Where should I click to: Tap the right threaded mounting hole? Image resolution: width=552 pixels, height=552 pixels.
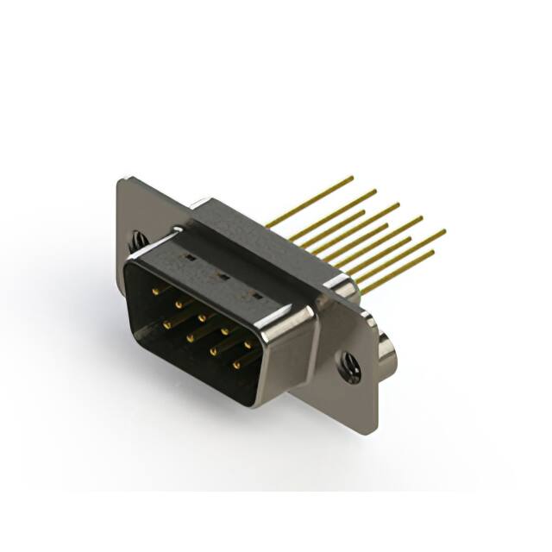(x=351, y=368)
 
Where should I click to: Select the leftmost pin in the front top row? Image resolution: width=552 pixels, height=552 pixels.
(x=155, y=292)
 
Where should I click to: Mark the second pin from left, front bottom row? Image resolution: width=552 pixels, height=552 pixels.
(x=189, y=336)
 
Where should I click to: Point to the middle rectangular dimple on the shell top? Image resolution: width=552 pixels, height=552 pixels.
(x=221, y=277)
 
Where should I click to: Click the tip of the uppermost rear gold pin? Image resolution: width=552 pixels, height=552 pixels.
(x=352, y=178)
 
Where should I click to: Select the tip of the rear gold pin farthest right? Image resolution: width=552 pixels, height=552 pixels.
(x=444, y=231)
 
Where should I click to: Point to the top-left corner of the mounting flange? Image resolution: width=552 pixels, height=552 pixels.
(x=119, y=180)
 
